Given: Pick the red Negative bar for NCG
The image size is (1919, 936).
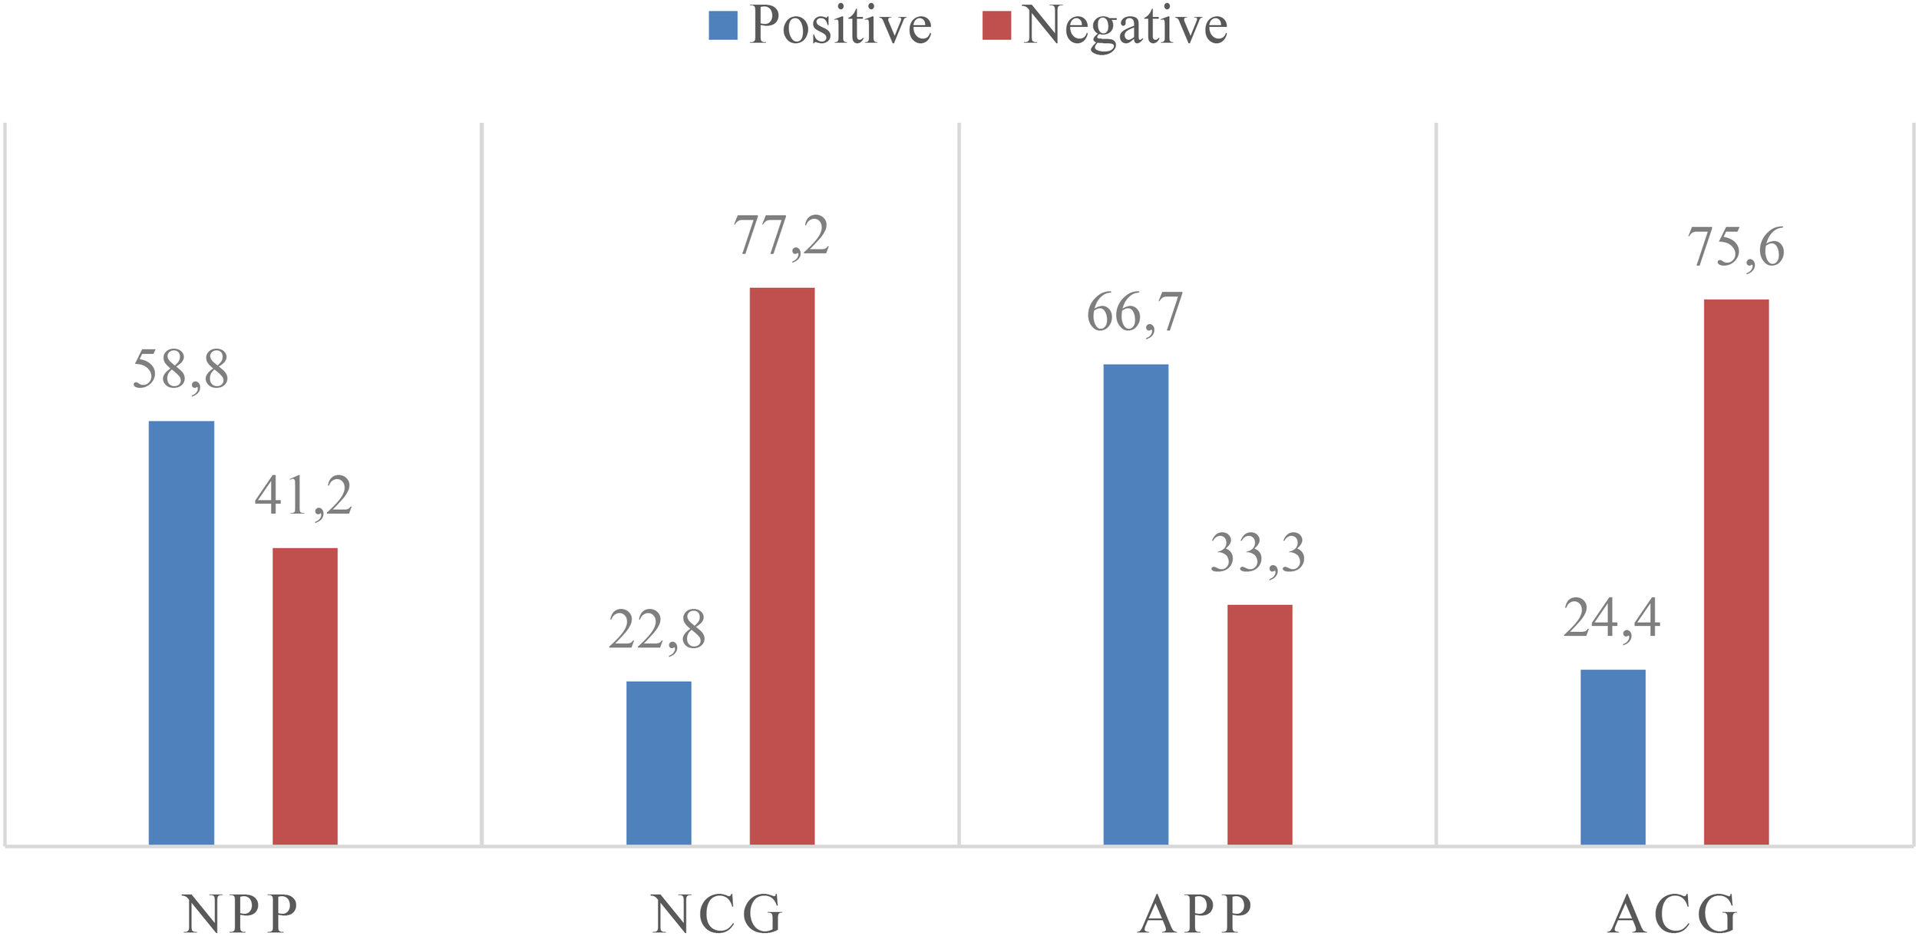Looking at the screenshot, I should (781, 566).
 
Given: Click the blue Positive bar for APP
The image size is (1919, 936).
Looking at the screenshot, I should (1135, 604).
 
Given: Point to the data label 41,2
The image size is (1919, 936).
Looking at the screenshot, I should (303, 496).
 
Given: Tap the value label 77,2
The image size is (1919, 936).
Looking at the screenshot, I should (781, 236).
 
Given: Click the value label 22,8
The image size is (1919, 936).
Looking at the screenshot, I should (657, 630).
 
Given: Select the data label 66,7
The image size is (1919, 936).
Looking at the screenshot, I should (1135, 313).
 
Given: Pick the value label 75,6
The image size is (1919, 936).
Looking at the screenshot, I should (1736, 247).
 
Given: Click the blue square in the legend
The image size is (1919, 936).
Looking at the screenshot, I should (722, 25).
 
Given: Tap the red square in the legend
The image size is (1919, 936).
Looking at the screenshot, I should (996, 25).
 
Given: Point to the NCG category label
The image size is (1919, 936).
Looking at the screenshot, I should (717, 914).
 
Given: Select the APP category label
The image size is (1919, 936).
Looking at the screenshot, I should (1194, 914).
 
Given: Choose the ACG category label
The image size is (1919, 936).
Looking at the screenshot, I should (1673, 914).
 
